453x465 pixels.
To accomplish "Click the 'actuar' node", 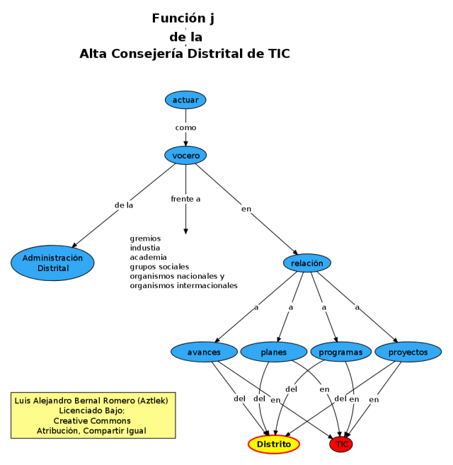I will (x=185, y=100).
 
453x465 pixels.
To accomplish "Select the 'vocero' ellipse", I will (x=185, y=155).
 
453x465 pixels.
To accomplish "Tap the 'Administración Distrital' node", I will (x=52, y=263).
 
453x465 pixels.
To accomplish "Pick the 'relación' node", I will (x=307, y=263).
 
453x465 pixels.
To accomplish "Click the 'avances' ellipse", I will (x=204, y=352).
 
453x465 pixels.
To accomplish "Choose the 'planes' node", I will (x=273, y=352).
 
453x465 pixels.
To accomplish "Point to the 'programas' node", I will (x=340, y=352).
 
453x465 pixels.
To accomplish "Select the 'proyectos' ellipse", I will (x=408, y=352).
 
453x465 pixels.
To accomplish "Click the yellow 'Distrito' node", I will (x=274, y=444).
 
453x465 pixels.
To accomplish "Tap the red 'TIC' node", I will (x=342, y=444).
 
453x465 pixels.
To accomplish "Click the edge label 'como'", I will (x=185, y=127).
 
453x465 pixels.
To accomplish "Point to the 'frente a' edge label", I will (x=185, y=199).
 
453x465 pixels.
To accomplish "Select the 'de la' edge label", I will (x=124, y=205).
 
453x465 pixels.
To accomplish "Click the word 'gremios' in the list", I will (x=145, y=239).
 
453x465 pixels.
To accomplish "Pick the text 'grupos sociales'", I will (x=159, y=267).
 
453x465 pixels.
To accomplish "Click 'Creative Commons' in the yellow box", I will (x=93, y=420).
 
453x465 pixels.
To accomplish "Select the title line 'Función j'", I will (x=183, y=18).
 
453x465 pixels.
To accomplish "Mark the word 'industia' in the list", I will (x=147, y=248).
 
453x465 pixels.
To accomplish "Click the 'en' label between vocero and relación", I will (x=246, y=209).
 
